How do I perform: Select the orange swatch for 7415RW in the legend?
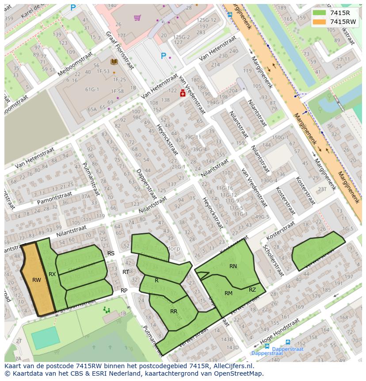[319, 22]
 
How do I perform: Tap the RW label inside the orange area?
[37, 280]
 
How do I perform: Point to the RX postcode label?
[52, 274]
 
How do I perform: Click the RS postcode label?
[111, 254]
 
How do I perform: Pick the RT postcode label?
[126, 272]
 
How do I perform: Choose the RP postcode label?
[124, 291]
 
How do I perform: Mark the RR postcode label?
[174, 312]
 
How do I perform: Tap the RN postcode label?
[233, 266]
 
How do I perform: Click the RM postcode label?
[228, 293]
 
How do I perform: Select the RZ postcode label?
[252, 290]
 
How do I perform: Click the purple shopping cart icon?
[137, 18]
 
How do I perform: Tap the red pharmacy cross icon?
[183, 93]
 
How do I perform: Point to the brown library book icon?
[114, 62]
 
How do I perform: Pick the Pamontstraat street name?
[54, 198]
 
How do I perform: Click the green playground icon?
[107, 310]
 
